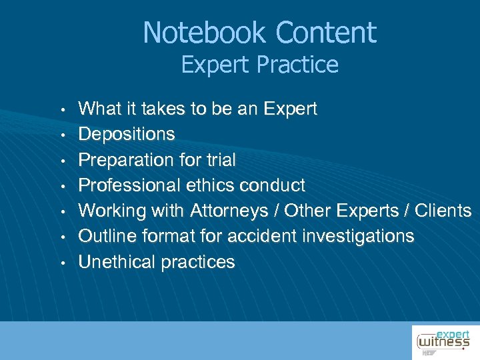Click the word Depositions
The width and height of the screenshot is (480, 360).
127,134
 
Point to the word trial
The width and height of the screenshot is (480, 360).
217,160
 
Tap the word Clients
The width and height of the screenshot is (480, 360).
443,211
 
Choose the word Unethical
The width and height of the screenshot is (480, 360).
116,262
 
